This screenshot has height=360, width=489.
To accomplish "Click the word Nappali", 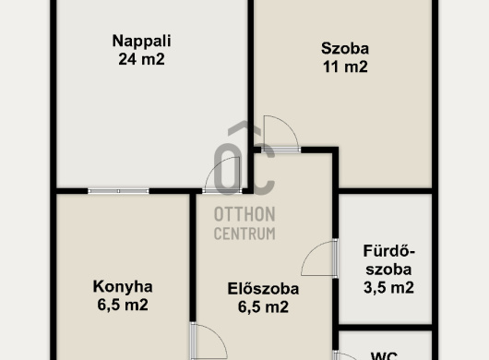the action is coord(141,42).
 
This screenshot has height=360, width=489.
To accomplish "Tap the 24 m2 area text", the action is coord(141,59).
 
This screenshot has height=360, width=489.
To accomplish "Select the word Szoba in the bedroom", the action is coord(345,49).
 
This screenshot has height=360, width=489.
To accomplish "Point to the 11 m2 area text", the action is coord(345,66).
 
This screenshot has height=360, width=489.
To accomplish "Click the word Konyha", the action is coord(123,287).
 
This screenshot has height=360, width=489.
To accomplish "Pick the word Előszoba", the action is coord(263,289).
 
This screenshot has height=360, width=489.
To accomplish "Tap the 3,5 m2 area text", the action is coord(388,288).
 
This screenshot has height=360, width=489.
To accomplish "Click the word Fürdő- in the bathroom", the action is coord(388,251).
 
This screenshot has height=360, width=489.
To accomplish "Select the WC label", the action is coord(384,355).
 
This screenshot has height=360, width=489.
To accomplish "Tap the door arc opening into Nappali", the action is coord(215,167).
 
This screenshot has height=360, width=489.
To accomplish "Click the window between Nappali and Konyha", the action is coord(118,191).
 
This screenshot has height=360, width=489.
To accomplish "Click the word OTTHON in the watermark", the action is coord(244,215).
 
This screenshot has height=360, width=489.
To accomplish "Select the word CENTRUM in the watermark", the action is coord(244,234).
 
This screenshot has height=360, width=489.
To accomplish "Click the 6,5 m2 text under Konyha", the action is coord(123,305).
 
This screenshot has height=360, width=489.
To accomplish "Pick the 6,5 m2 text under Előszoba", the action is coord(263,307).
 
